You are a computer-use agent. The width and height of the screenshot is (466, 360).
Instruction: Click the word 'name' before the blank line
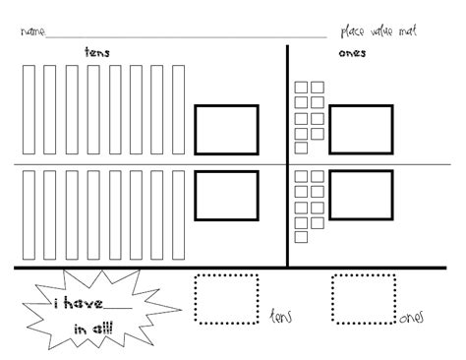pos(32,31)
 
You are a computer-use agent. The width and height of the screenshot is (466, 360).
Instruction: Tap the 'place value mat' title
pos(379,31)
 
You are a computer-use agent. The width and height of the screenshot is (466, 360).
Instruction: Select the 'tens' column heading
pos(97,52)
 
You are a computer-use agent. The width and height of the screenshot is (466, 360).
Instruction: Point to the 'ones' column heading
pos(352,53)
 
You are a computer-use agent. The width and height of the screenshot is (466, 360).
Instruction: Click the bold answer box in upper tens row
pos(195,130)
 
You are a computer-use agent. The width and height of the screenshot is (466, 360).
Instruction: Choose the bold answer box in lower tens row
pos(195,196)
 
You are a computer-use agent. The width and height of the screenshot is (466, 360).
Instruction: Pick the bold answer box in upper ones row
pos(329,130)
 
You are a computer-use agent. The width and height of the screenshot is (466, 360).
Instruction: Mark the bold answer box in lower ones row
pos(329,195)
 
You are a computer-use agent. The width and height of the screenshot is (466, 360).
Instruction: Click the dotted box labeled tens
pos(196,299)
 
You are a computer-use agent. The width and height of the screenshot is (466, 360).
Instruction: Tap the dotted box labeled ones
pos(332,299)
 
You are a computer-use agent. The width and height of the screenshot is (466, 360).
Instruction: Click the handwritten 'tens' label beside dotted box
pos(281,317)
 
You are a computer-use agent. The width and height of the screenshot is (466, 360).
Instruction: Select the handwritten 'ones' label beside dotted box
pos(411,318)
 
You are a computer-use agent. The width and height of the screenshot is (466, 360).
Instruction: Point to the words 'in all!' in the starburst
pos(93,329)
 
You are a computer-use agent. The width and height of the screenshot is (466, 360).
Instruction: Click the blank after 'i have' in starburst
pos(118,308)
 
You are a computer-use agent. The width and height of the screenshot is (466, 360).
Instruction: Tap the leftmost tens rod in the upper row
pos(23,109)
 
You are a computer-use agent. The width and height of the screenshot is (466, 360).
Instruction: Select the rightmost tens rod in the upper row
pos(172,109)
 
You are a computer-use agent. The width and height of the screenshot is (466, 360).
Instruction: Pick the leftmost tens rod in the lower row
pos(23,215)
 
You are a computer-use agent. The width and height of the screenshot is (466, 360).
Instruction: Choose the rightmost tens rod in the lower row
pos(172,215)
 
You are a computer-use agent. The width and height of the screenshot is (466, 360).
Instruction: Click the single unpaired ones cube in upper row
pos(295,148)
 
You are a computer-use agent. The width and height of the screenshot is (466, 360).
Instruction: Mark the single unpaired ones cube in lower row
pos(295,237)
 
